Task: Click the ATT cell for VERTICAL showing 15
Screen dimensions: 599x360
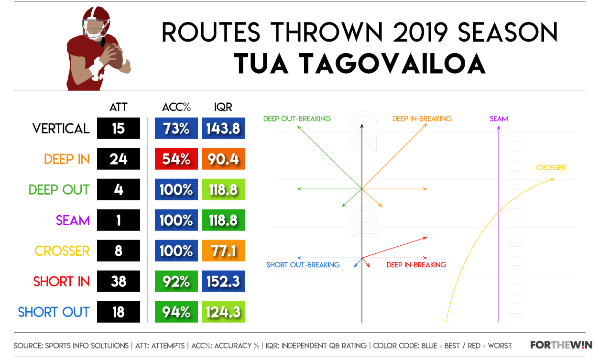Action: click(119, 128)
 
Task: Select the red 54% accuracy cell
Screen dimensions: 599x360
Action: click(176, 159)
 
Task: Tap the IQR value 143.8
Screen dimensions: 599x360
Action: click(223, 128)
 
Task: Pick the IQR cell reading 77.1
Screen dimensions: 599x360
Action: click(223, 251)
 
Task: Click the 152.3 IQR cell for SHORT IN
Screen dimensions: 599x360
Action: click(223, 281)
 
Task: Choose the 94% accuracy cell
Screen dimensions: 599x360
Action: click(176, 312)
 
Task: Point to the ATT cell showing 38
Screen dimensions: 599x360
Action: click(119, 281)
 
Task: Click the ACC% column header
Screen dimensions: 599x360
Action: click(176, 107)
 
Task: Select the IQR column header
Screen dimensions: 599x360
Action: click(223, 107)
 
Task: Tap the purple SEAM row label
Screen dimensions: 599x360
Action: click(73, 220)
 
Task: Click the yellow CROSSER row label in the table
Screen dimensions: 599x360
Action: click(62, 251)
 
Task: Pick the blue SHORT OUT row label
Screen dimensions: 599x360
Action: click(54, 312)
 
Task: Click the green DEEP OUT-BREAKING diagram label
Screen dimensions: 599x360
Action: click(297, 119)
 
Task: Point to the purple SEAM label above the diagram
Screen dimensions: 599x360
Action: click(499, 119)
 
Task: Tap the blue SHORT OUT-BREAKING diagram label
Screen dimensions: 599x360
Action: click(303, 265)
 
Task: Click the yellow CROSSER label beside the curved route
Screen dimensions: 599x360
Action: click(551, 168)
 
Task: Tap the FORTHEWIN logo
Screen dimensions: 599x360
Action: click(561, 345)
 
